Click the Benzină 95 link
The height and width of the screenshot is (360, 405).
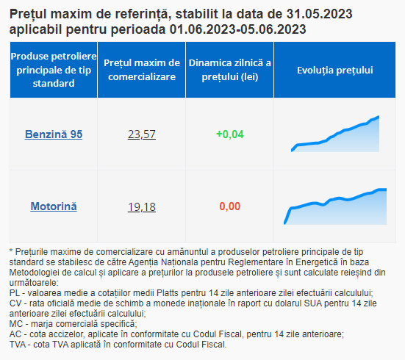click(x=54, y=134)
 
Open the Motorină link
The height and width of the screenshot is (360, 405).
click(x=54, y=206)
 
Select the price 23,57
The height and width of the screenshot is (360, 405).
click(x=142, y=134)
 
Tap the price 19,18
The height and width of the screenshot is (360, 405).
click(x=142, y=206)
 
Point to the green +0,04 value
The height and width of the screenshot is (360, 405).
click(x=230, y=134)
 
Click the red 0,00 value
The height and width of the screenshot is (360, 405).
click(x=230, y=206)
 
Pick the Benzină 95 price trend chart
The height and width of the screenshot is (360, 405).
click(x=335, y=134)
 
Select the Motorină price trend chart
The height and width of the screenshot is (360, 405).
click(x=335, y=206)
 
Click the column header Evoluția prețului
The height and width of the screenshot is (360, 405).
click(x=335, y=71)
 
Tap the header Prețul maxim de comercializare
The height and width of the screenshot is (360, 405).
click(x=142, y=70)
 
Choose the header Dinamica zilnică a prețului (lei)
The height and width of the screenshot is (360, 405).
click(x=230, y=70)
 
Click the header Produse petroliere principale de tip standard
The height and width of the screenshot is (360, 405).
click(x=54, y=70)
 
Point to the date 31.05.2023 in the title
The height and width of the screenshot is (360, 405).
click(x=320, y=14)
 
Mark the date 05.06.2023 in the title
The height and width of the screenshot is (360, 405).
click(x=273, y=29)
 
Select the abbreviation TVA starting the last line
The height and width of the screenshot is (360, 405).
click(x=18, y=345)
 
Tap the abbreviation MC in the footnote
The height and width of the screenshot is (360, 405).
click(x=16, y=324)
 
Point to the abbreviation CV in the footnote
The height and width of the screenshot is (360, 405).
click(x=15, y=303)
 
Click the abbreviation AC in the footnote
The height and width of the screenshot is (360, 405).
click(x=15, y=334)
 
